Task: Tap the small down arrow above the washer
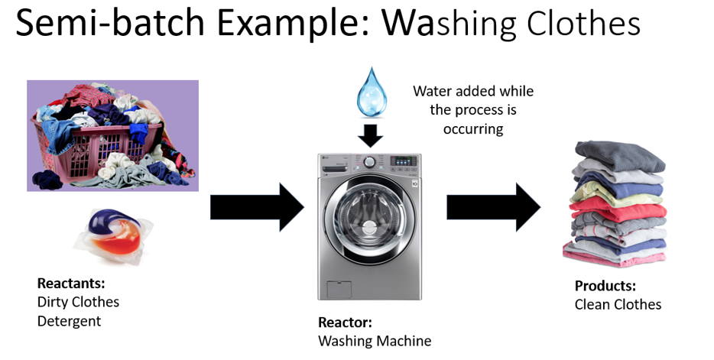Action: point(371,135)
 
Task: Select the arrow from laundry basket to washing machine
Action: point(257,207)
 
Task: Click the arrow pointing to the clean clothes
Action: point(494,207)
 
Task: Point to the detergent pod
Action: point(113,235)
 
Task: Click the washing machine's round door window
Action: point(369,213)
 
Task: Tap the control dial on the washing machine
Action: point(370,161)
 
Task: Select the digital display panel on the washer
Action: point(404,161)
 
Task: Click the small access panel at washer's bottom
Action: point(339,290)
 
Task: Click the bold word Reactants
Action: point(71,283)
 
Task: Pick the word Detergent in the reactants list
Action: point(70,321)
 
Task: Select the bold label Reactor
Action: point(346,323)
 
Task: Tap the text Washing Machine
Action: point(375,341)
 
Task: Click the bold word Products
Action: point(605,286)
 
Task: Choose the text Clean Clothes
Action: point(618,304)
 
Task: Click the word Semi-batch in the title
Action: point(109,22)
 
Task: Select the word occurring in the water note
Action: point(473,129)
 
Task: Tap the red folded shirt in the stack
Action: point(618,212)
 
